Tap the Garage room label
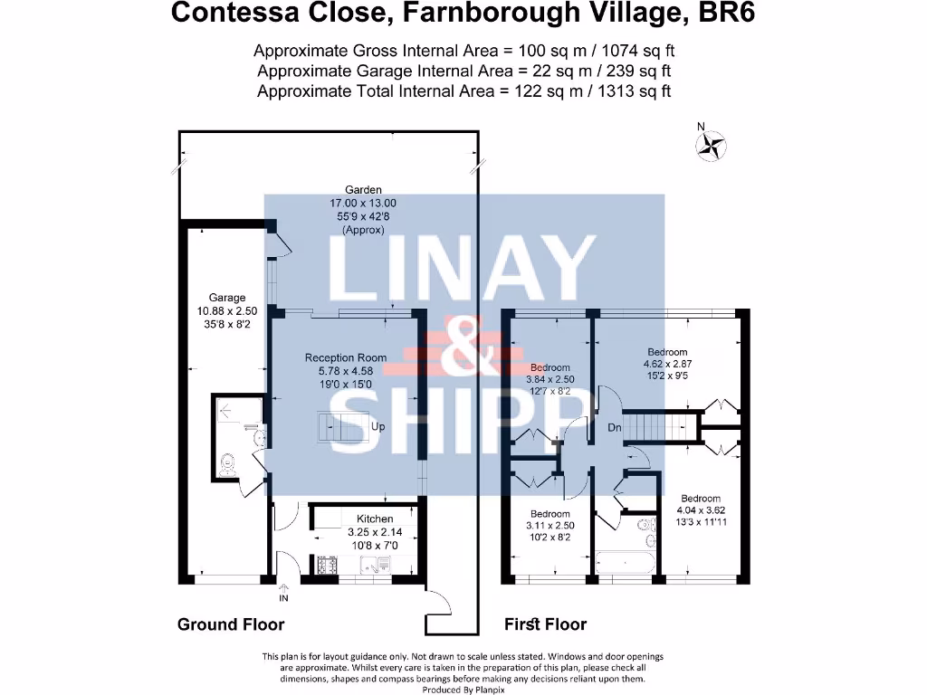pos(227,298)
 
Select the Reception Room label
pos(345,357)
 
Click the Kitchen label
pos(374,519)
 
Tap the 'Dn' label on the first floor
pos(614,427)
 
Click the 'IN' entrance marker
pos(283,598)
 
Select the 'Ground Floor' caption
pos(231,624)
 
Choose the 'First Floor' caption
pos(545,624)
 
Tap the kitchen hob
pos(326,565)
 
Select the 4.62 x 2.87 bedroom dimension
pos(667,365)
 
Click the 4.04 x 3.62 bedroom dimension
pos(701,510)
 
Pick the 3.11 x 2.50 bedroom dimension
pos(550,525)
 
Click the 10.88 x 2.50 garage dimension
pos(227,310)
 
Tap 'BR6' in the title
pos(723,14)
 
